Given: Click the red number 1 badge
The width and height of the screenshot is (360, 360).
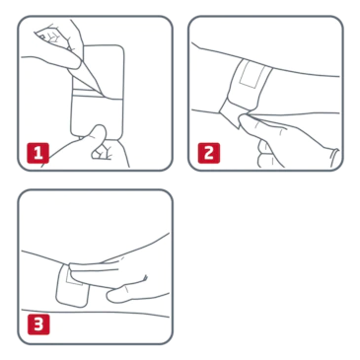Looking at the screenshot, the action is coord(38,153).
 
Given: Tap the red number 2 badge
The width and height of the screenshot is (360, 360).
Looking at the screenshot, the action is coord(209,153).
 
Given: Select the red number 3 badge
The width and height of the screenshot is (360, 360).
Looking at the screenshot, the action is coord(38,324).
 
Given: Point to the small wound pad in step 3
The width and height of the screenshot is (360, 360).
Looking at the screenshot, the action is coord(75,278).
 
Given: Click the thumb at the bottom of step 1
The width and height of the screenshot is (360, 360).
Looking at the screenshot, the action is coord(98,135).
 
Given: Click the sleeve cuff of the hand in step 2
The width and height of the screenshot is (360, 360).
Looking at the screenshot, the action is coord(333,158).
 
